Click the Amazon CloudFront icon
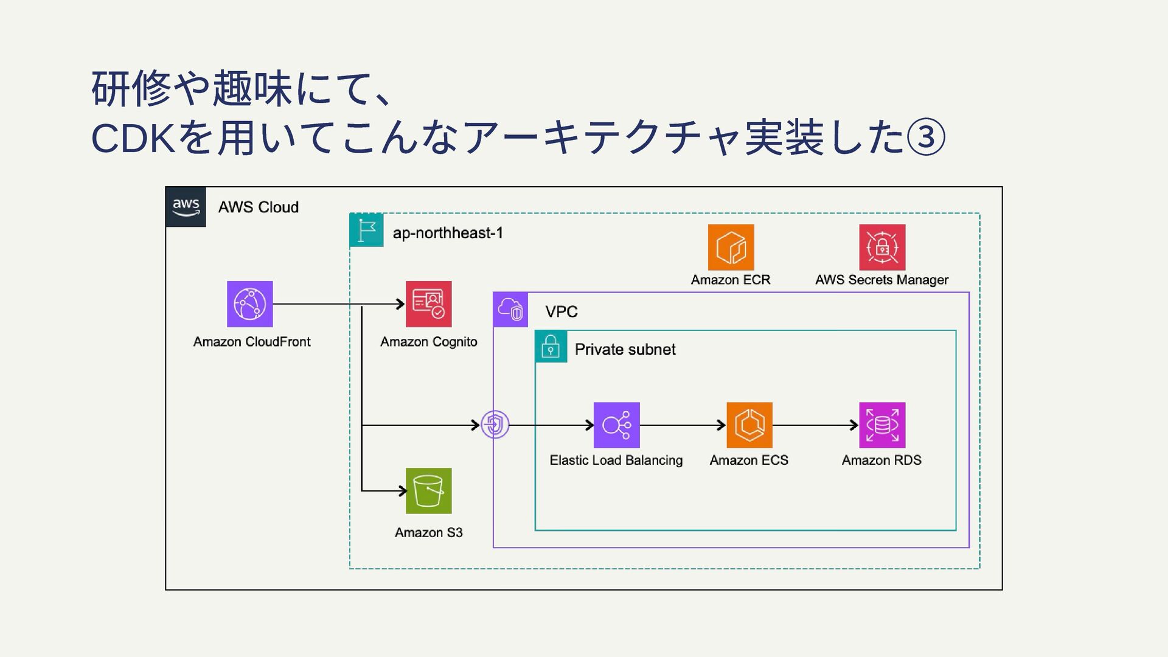pyautogui.click(x=249, y=304)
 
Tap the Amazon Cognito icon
pyautogui.click(x=428, y=304)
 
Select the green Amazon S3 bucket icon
pyautogui.click(x=428, y=491)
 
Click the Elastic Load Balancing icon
pyautogui.click(x=616, y=425)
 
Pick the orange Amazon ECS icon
pyautogui.click(x=749, y=425)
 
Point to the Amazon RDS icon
pyautogui.click(x=881, y=425)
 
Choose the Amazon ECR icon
pyautogui.click(x=731, y=247)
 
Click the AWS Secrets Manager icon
pyautogui.click(x=881, y=247)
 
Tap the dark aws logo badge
pyautogui.click(x=186, y=207)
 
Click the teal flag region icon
pyautogui.click(x=366, y=230)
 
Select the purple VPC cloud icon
pyautogui.click(x=510, y=310)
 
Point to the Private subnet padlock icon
pyautogui.click(x=551, y=347)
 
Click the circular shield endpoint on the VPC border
pyautogui.click(x=495, y=425)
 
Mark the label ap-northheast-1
pyautogui.click(x=448, y=233)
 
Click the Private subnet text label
pyautogui.click(x=625, y=349)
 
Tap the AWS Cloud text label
pyautogui.click(x=258, y=207)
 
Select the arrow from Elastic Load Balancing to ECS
pyautogui.click(x=683, y=425)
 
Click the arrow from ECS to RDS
pyautogui.click(x=815, y=425)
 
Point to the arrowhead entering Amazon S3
pyautogui.click(x=402, y=490)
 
